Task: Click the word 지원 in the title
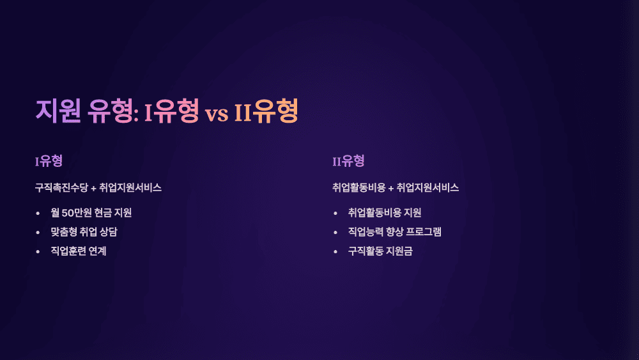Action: click(x=58, y=111)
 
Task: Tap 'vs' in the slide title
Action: click(x=217, y=113)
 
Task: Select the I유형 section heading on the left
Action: click(x=49, y=160)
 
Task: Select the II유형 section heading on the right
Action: click(x=348, y=160)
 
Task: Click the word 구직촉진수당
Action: click(x=61, y=188)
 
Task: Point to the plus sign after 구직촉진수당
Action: click(x=93, y=188)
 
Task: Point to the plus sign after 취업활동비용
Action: click(x=391, y=188)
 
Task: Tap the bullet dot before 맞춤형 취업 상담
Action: click(x=38, y=232)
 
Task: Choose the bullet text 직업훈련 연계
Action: click(x=79, y=251)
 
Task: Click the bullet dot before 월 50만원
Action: click(x=38, y=213)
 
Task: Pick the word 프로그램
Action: click(x=424, y=232)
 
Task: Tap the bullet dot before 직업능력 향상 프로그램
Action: click(x=335, y=232)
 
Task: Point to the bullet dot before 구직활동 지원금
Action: click(x=335, y=251)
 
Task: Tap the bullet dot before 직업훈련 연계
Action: click(x=38, y=251)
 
